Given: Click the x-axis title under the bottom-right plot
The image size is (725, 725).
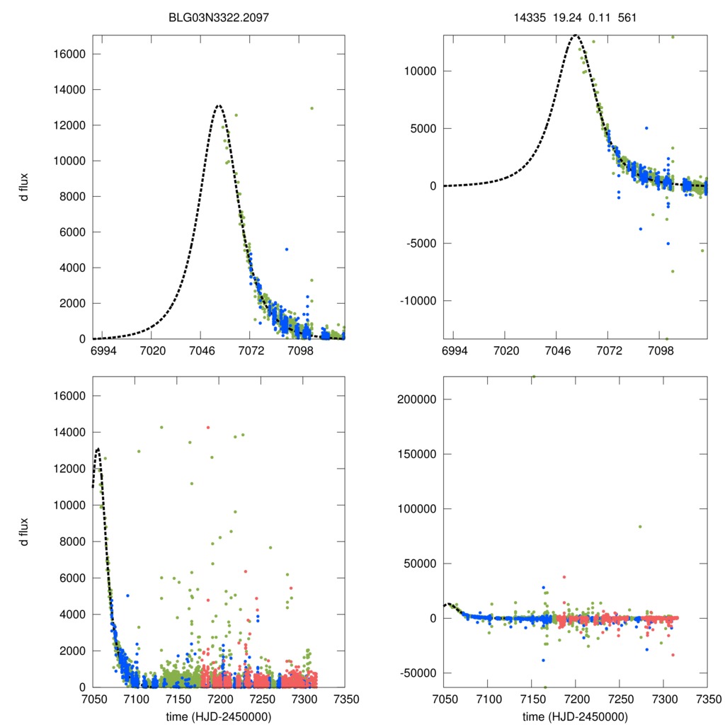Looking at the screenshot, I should (x=575, y=716).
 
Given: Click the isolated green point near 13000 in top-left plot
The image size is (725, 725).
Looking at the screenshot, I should (x=312, y=108).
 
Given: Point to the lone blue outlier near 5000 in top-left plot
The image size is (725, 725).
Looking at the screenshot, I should (x=287, y=249).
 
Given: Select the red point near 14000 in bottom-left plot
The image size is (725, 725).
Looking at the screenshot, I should (x=207, y=428).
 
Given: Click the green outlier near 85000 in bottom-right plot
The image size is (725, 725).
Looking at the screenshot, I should (x=640, y=526).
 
